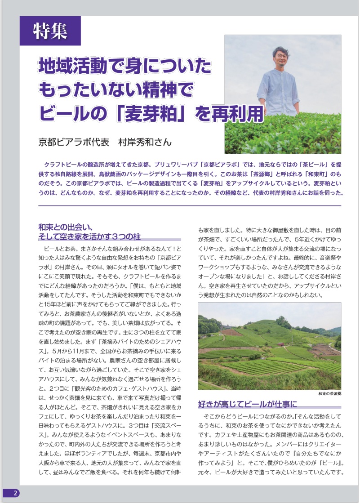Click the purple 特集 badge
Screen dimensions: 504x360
(x=50, y=31)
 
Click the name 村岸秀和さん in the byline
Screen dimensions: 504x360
(x=145, y=143)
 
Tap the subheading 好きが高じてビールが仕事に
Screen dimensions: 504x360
(x=248, y=404)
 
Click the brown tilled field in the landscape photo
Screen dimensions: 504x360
(x=231, y=332)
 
